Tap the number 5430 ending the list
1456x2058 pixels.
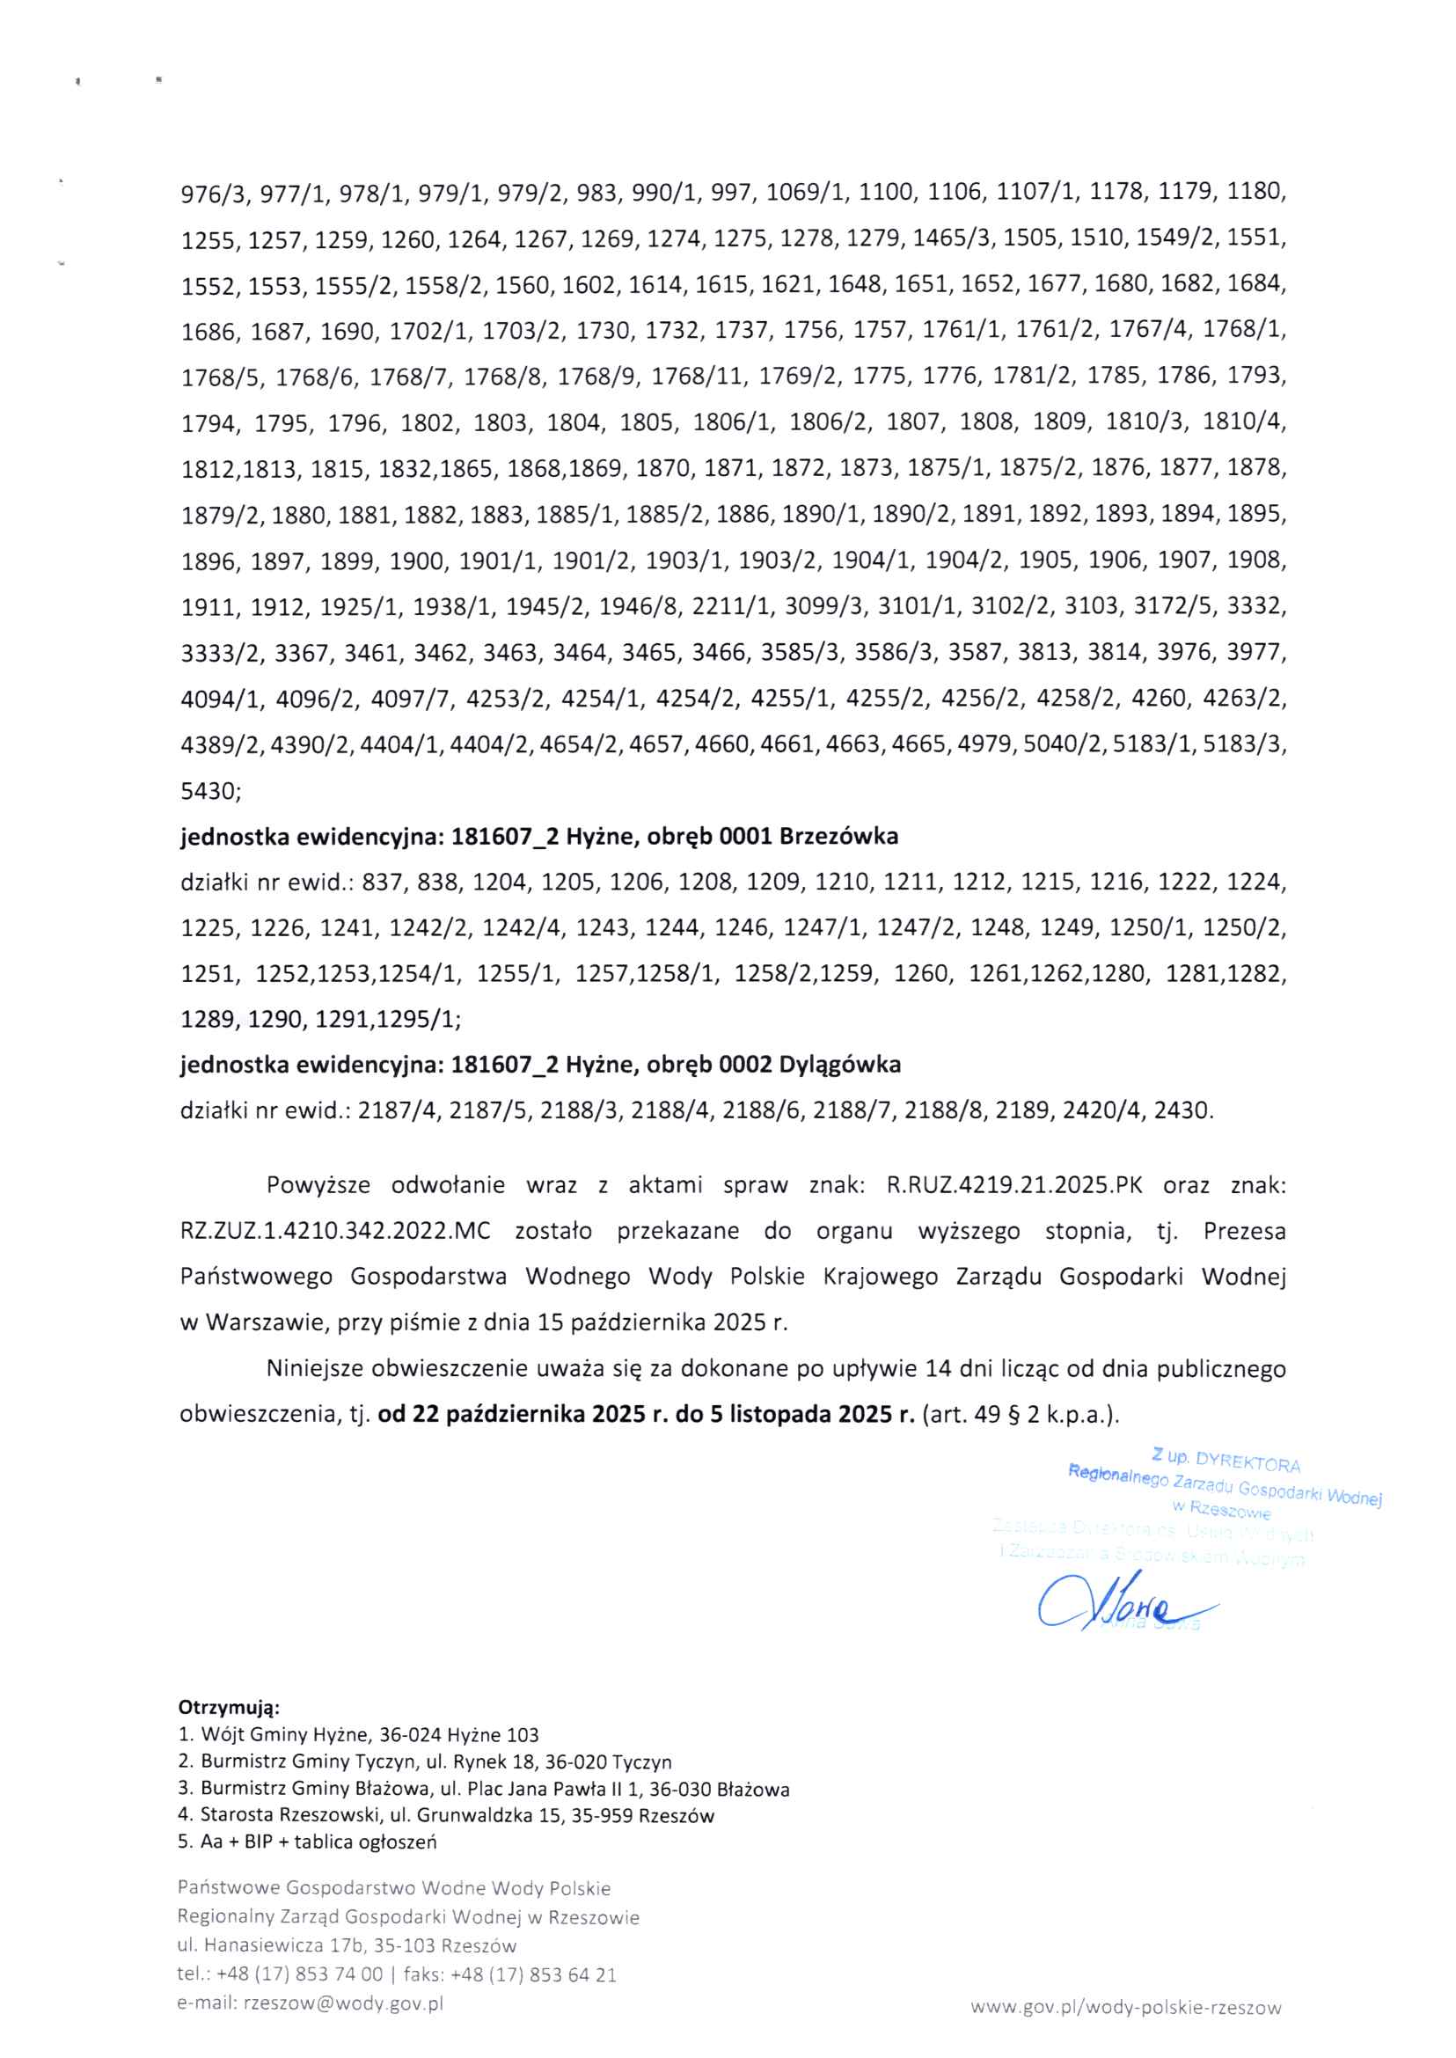(x=209, y=790)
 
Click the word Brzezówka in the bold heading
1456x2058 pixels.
(x=838, y=837)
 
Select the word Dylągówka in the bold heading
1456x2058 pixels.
(x=840, y=1065)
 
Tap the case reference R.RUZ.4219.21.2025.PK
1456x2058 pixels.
(x=1014, y=1184)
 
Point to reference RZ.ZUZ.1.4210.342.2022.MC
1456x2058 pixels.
(x=335, y=1230)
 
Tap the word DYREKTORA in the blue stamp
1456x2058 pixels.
(x=1248, y=1463)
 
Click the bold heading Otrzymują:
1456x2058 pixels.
(x=229, y=1705)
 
